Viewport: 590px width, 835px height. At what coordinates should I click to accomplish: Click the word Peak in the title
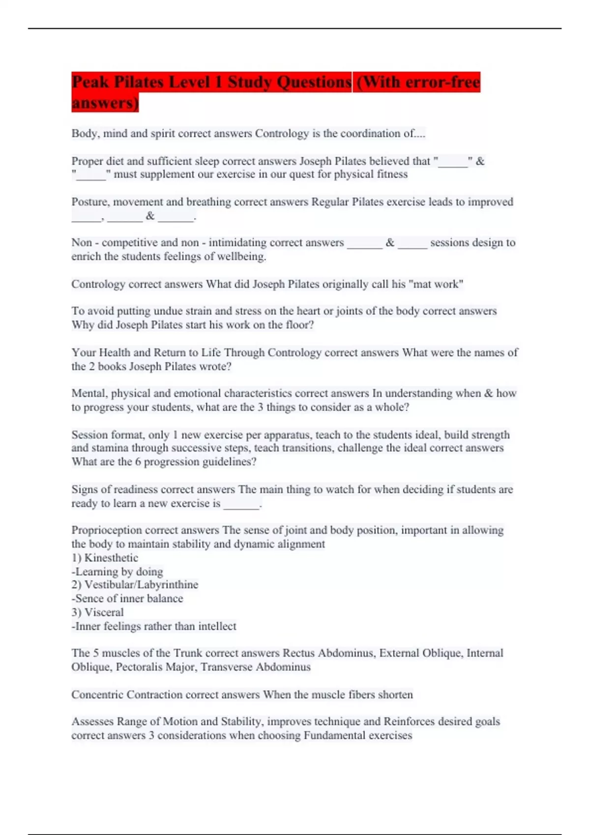point(90,82)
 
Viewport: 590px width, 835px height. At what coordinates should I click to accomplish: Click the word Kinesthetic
point(111,558)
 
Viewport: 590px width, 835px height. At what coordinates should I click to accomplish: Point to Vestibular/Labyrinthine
point(141,585)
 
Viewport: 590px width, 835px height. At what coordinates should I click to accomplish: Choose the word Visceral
point(104,612)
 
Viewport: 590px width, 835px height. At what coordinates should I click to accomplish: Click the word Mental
point(89,393)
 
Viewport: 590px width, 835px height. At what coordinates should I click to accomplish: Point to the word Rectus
point(298,653)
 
